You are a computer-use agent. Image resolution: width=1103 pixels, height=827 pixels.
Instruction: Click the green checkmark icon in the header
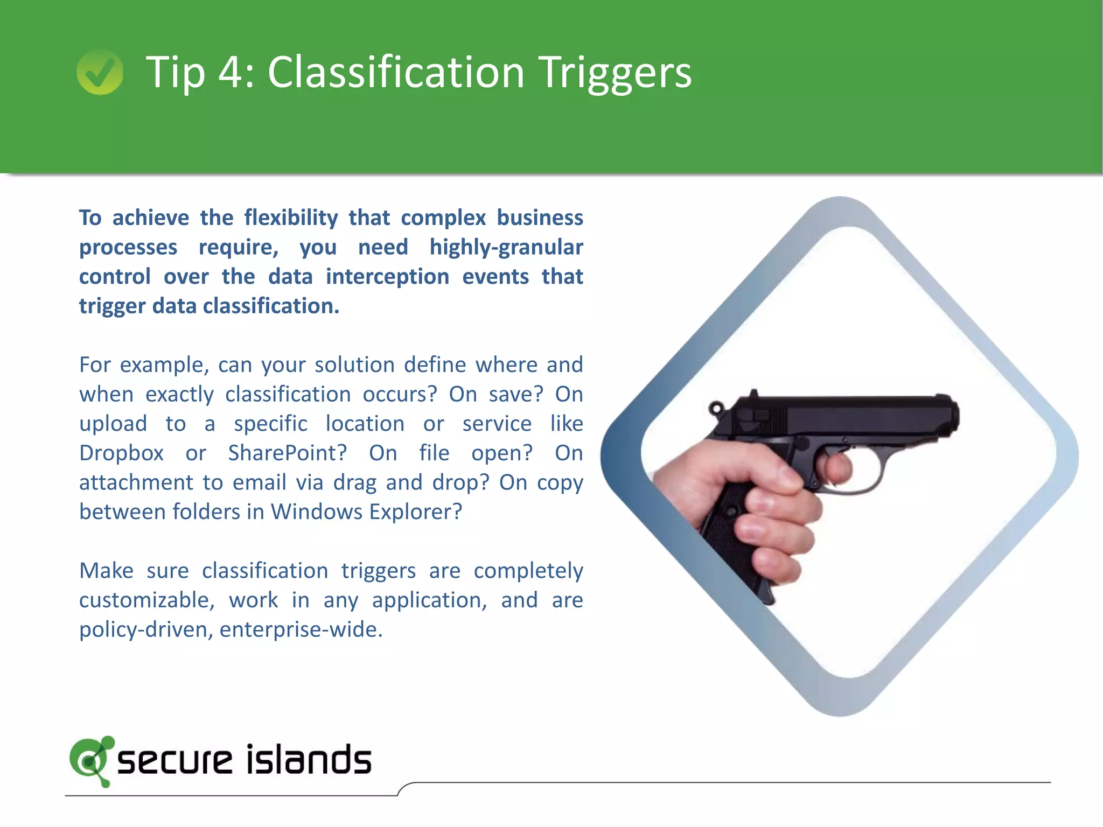point(100,72)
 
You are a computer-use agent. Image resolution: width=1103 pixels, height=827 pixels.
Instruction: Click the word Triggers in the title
point(616,73)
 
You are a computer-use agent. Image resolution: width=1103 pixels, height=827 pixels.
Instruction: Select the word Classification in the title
point(396,73)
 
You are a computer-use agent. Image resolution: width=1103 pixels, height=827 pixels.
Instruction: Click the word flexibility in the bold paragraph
point(291,218)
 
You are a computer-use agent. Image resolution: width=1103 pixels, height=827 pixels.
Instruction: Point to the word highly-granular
point(506,247)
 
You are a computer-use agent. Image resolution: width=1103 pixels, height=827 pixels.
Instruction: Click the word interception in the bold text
point(387,277)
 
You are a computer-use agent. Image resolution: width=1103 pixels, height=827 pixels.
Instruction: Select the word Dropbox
point(121,453)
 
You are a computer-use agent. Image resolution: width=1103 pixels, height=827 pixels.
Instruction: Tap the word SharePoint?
point(288,453)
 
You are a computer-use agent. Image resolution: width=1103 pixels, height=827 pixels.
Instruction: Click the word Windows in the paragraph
point(317,512)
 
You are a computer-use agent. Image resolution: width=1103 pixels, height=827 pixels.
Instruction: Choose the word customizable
point(146,600)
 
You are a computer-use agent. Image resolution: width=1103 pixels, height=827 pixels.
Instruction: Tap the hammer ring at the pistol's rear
point(716,408)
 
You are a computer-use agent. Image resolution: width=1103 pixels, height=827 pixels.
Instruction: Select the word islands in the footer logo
point(309,760)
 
